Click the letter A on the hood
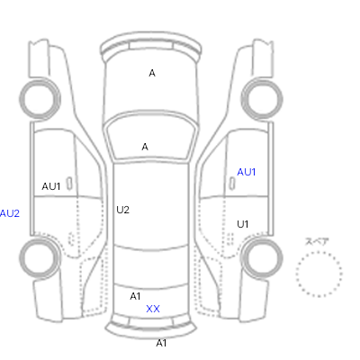coord(152,73)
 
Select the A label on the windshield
coord(145,147)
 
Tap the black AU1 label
coord(51,186)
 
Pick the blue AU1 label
coord(247,172)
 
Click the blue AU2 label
coord(10,213)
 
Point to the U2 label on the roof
coord(122,210)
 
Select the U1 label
coord(243,224)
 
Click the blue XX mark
coord(153,309)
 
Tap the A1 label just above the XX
coord(135,296)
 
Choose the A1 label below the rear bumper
coord(161,343)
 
